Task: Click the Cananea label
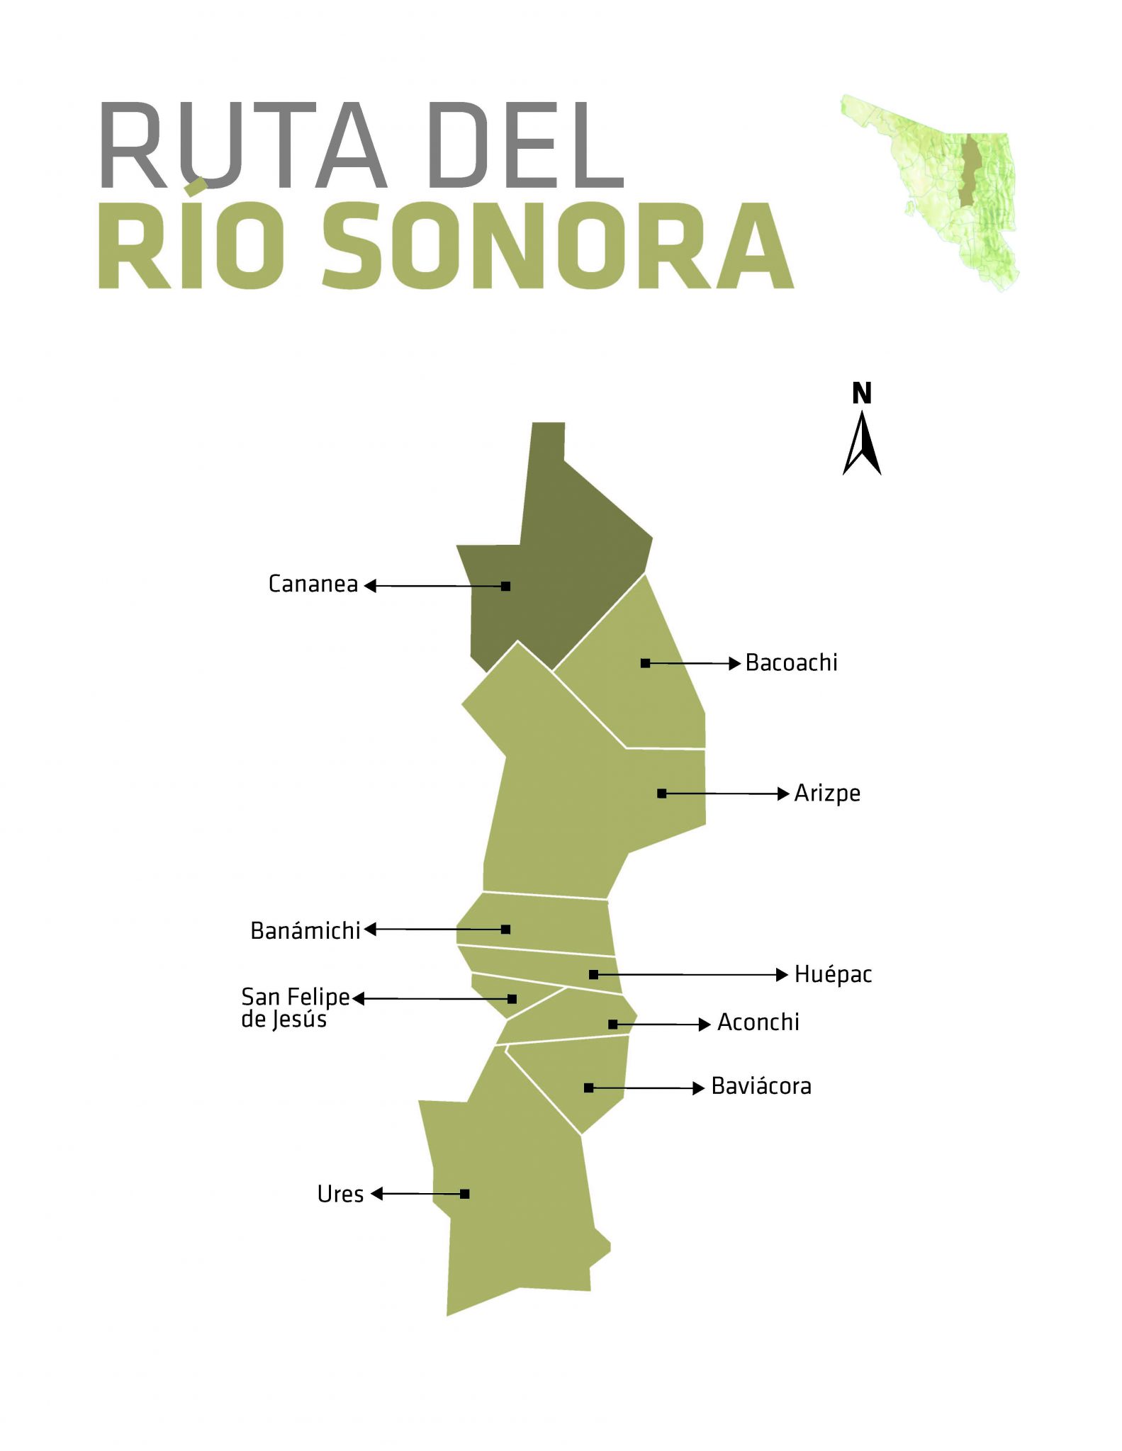[x=313, y=584]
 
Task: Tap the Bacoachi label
[x=791, y=662]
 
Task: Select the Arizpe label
[x=827, y=793]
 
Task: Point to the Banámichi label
[x=305, y=930]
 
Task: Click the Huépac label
[x=833, y=974]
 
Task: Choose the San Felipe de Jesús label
[x=295, y=1007]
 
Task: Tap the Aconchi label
[x=758, y=1022]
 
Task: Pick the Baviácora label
[x=761, y=1086]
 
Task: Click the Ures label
[x=340, y=1194]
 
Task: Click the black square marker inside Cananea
[x=505, y=586]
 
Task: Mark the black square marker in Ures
[x=465, y=1194]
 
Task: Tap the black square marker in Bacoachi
[x=645, y=663]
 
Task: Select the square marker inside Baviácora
[x=588, y=1088]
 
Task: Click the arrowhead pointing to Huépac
[x=782, y=975]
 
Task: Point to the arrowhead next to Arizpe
[x=783, y=794]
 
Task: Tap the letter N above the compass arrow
[x=862, y=393]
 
